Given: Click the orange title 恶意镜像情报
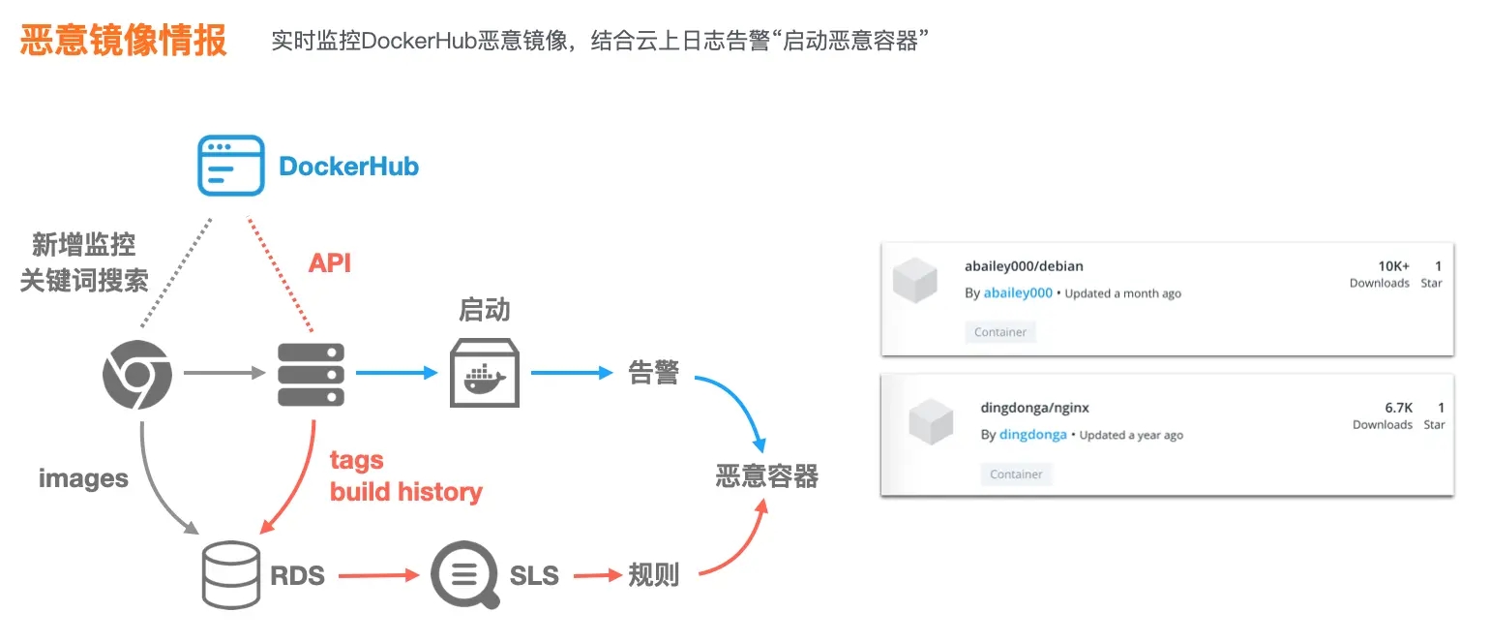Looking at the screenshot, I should tap(123, 41).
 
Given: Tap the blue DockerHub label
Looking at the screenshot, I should tap(348, 167).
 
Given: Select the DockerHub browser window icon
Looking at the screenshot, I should tap(230, 166).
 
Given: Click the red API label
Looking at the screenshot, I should tap(329, 262).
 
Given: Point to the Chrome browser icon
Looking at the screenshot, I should tap(137, 374).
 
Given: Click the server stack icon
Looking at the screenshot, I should tap(311, 374).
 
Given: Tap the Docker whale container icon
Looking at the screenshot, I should tap(485, 373).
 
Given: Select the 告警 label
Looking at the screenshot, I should tap(653, 373).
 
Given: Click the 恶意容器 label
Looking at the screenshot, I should tap(767, 475).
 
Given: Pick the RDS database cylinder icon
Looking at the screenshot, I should tap(230, 574).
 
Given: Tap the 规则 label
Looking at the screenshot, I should tap(653, 574).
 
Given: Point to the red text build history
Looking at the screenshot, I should tap(405, 492).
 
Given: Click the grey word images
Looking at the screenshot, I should tap(83, 478).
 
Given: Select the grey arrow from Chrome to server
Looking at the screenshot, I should tap(223, 372).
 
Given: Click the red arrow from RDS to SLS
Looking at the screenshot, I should tap(378, 575).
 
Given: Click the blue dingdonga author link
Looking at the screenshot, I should tap(1032, 435).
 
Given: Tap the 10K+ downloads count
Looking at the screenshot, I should tap(1393, 265).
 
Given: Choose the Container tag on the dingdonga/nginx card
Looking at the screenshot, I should tap(1016, 475).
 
